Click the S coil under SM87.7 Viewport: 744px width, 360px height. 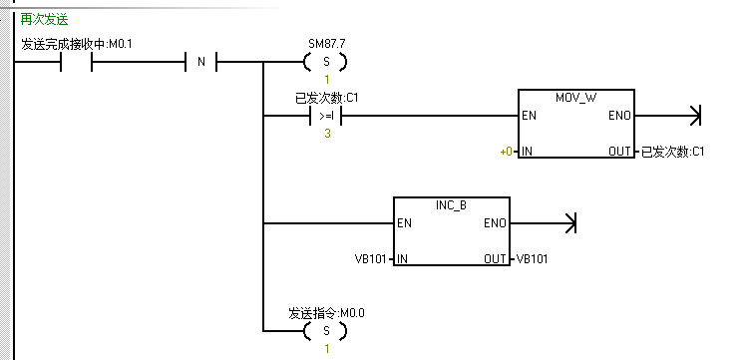(324, 63)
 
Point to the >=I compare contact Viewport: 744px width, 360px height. (325, 116)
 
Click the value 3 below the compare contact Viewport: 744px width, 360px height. (325, 133)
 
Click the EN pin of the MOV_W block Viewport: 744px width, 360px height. (530, 116)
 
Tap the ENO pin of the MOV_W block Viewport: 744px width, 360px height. (618, 116)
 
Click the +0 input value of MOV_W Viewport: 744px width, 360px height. (506, 152)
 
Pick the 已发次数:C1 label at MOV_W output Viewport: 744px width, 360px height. (672, 152)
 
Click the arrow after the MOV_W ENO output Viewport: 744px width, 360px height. (694, 116)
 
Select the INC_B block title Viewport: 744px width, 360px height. (451, 204)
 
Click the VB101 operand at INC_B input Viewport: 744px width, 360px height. (372, 258)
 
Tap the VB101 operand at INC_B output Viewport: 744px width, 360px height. (532, 258)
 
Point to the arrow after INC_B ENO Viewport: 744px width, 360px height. (569, 222)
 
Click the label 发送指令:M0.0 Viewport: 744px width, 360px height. (326, 312)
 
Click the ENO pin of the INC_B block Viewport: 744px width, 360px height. (494, 222)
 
